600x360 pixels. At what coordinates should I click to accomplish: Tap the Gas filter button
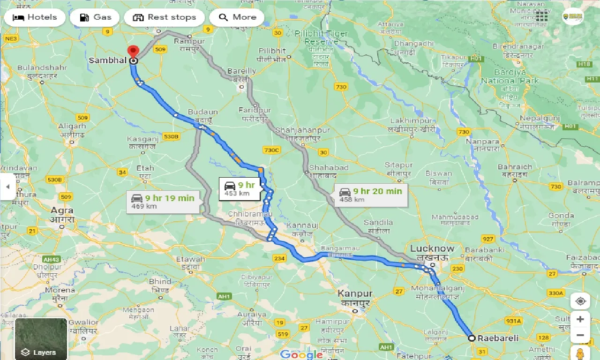[x=96, y=18]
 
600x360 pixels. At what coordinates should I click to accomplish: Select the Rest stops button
[x=164, y=18]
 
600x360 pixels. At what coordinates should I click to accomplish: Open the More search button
[x=237, y=18]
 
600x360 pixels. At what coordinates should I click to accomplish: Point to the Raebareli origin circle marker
[x=472, y=338]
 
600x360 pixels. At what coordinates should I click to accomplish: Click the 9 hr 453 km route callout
[x=239, y=189]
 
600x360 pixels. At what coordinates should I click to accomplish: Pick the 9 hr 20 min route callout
[x=371, y=195]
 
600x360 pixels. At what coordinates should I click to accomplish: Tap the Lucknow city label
[x=432, y=248]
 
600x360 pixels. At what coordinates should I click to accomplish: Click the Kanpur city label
[x=355, y=294]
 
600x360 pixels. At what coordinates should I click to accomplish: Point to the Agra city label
[x=62, y=211]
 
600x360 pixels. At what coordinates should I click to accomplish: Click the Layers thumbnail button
[x=41, y=339]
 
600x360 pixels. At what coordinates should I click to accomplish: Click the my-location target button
[x=580, y=301]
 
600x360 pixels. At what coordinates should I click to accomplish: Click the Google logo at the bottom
[x=301, y=354]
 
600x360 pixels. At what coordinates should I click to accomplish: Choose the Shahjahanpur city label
[x=303, y=130]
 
